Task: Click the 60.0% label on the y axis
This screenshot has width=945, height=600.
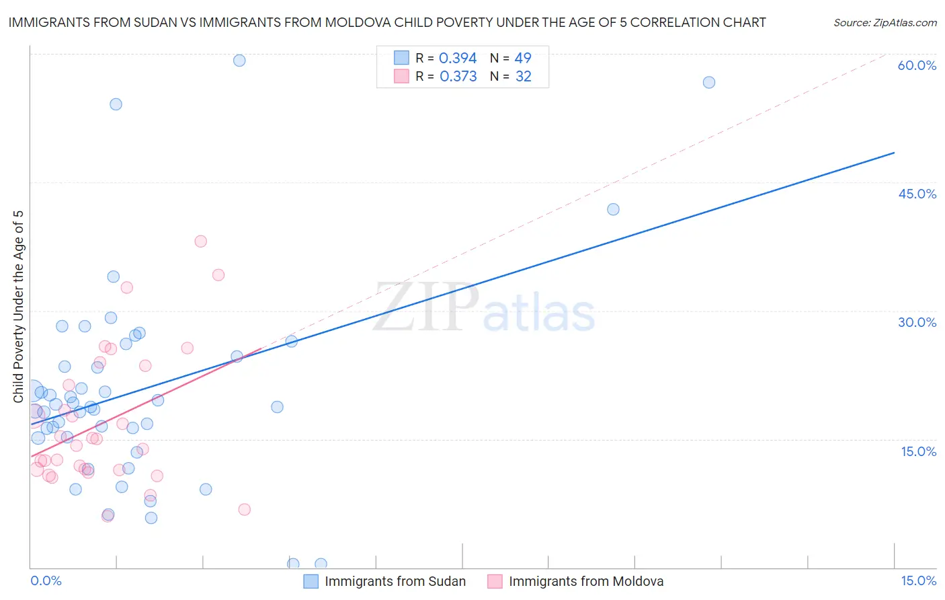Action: (x=917, y=65)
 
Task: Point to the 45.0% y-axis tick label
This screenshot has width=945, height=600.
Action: (x=917, y=194)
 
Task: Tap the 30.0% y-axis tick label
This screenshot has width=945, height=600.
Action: (x=917, y=322)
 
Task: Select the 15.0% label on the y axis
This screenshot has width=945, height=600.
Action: (x=918, y=451)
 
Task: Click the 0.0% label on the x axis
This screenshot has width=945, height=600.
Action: (x=46, y=580)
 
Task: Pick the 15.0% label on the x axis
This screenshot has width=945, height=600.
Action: (x=918, y=580)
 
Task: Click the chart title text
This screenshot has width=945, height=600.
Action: (x=386, y=22)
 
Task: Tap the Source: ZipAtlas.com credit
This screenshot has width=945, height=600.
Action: (x=885, y=22)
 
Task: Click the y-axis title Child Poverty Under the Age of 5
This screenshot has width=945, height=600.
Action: (x=18, y=306)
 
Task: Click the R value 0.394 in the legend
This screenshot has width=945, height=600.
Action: (x=457, y=59)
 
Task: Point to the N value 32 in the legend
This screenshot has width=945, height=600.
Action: (x=523, y=77)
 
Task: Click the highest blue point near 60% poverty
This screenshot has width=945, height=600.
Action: (x=239, y=61)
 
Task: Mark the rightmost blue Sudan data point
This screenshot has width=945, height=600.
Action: (x=708, y=83)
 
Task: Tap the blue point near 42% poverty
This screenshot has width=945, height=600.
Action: (x=613, y=209)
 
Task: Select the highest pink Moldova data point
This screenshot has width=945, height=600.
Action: (x=200, y=241)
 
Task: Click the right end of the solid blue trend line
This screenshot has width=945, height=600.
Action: (x=894, y=153)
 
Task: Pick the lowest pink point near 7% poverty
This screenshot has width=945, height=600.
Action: (x=245, y=509)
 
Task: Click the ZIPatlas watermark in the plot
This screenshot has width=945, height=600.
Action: (x=484, y=308)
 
